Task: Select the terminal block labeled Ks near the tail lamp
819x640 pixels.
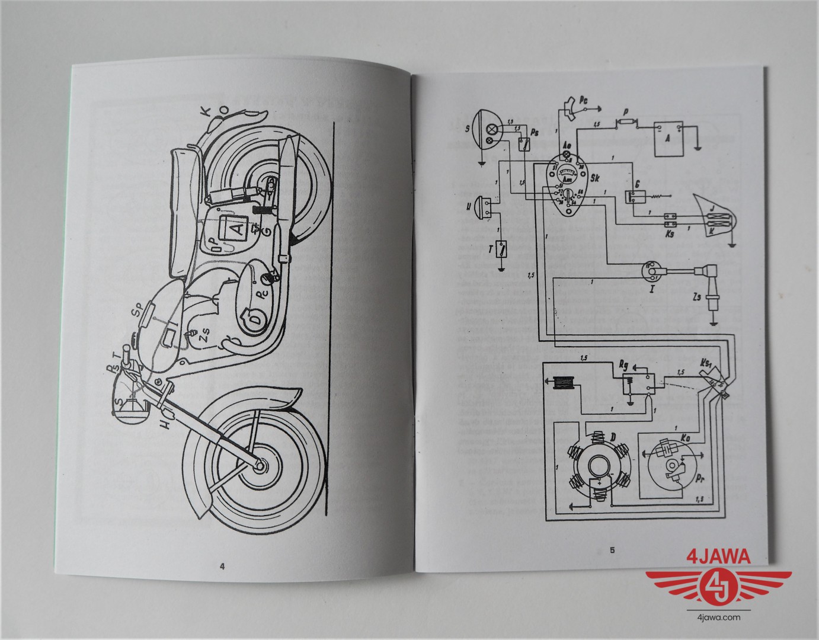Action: coord(670,220)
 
